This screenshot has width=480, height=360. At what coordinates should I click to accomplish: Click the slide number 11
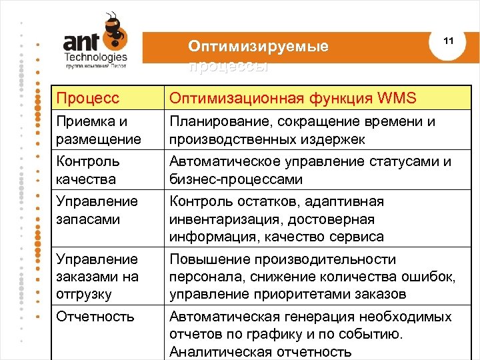(x=448, y=41)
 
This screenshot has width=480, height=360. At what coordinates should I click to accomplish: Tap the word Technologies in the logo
(x=96, y=57)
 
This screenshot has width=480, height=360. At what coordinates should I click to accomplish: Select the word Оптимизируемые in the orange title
(x=258, y=47)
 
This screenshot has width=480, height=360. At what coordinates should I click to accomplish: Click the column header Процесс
(x=88, y=99)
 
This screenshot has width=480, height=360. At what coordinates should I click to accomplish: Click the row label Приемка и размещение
(x=99, y=131)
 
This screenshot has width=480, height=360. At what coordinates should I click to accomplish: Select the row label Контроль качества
(x=88, y=171)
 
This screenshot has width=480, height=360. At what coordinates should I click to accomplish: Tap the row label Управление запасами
(x=97, y=210)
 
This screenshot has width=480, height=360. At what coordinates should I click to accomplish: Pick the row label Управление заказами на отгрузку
(x=97, y=277)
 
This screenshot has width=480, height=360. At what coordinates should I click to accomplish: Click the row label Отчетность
(x=95, y=317)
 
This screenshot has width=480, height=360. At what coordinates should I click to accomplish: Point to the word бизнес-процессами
(x=236, y=180)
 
